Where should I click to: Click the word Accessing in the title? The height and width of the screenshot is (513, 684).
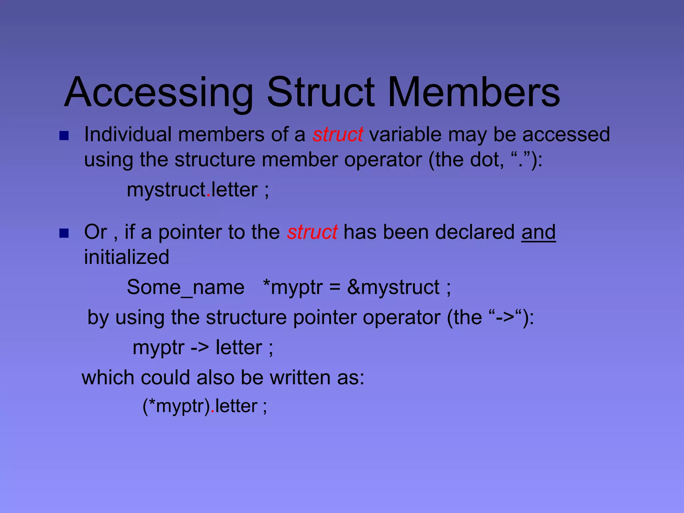pos(159,93)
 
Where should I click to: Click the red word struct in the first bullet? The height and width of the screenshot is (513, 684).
pos(338,135)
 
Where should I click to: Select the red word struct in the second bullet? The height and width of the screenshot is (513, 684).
pos(312,232)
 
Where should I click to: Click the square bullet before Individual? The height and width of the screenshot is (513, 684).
pos(64,136)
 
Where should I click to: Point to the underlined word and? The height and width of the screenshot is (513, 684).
pos(538,232)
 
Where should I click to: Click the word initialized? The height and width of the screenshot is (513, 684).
pos(127,257)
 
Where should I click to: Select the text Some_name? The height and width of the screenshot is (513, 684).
pos(186,287)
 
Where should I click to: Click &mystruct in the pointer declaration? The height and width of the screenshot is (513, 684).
pos(393,287)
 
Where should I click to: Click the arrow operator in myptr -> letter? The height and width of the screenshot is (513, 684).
pos(200,348)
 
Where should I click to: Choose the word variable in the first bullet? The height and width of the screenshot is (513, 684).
pos(405,135)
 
